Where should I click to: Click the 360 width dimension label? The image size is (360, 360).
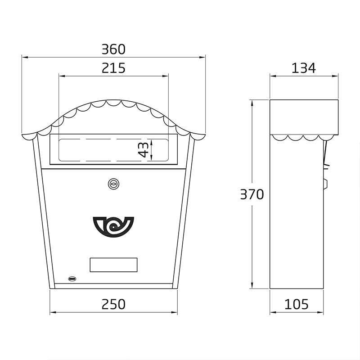coord(113,49)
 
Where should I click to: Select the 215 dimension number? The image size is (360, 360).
coord(113,68)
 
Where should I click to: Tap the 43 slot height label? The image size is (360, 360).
coord(144,150)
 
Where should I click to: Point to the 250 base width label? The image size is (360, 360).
coord(113,304)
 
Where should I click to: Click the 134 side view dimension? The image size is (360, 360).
coord(303,68)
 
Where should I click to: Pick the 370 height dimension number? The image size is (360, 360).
coord(252,194)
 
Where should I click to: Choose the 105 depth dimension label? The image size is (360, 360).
coord(296,304)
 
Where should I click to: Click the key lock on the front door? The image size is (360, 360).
coord(113,184)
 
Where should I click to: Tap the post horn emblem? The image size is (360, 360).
coord(113,227)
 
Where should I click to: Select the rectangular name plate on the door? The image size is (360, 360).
coord(113,265)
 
